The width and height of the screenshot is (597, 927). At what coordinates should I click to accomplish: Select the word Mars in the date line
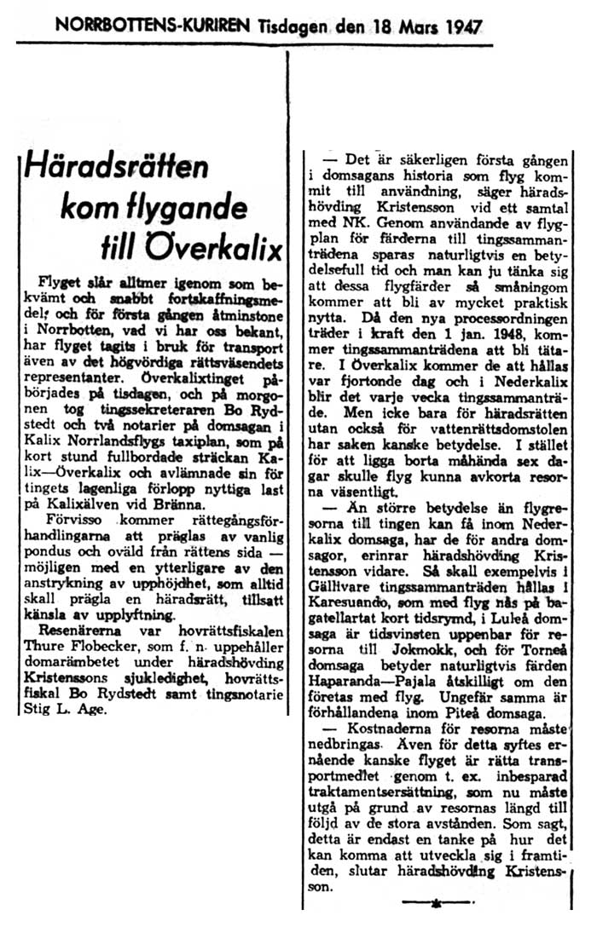click(403, 26)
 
